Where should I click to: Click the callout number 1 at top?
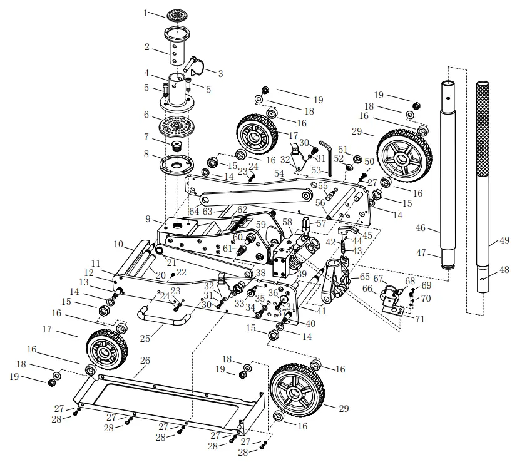(146, 13)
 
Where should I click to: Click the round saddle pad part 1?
(177, 14)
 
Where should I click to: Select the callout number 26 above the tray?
(145, 361)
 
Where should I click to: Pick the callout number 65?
(364, 276)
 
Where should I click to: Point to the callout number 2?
(146, 47)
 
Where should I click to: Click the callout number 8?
(146, 154)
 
